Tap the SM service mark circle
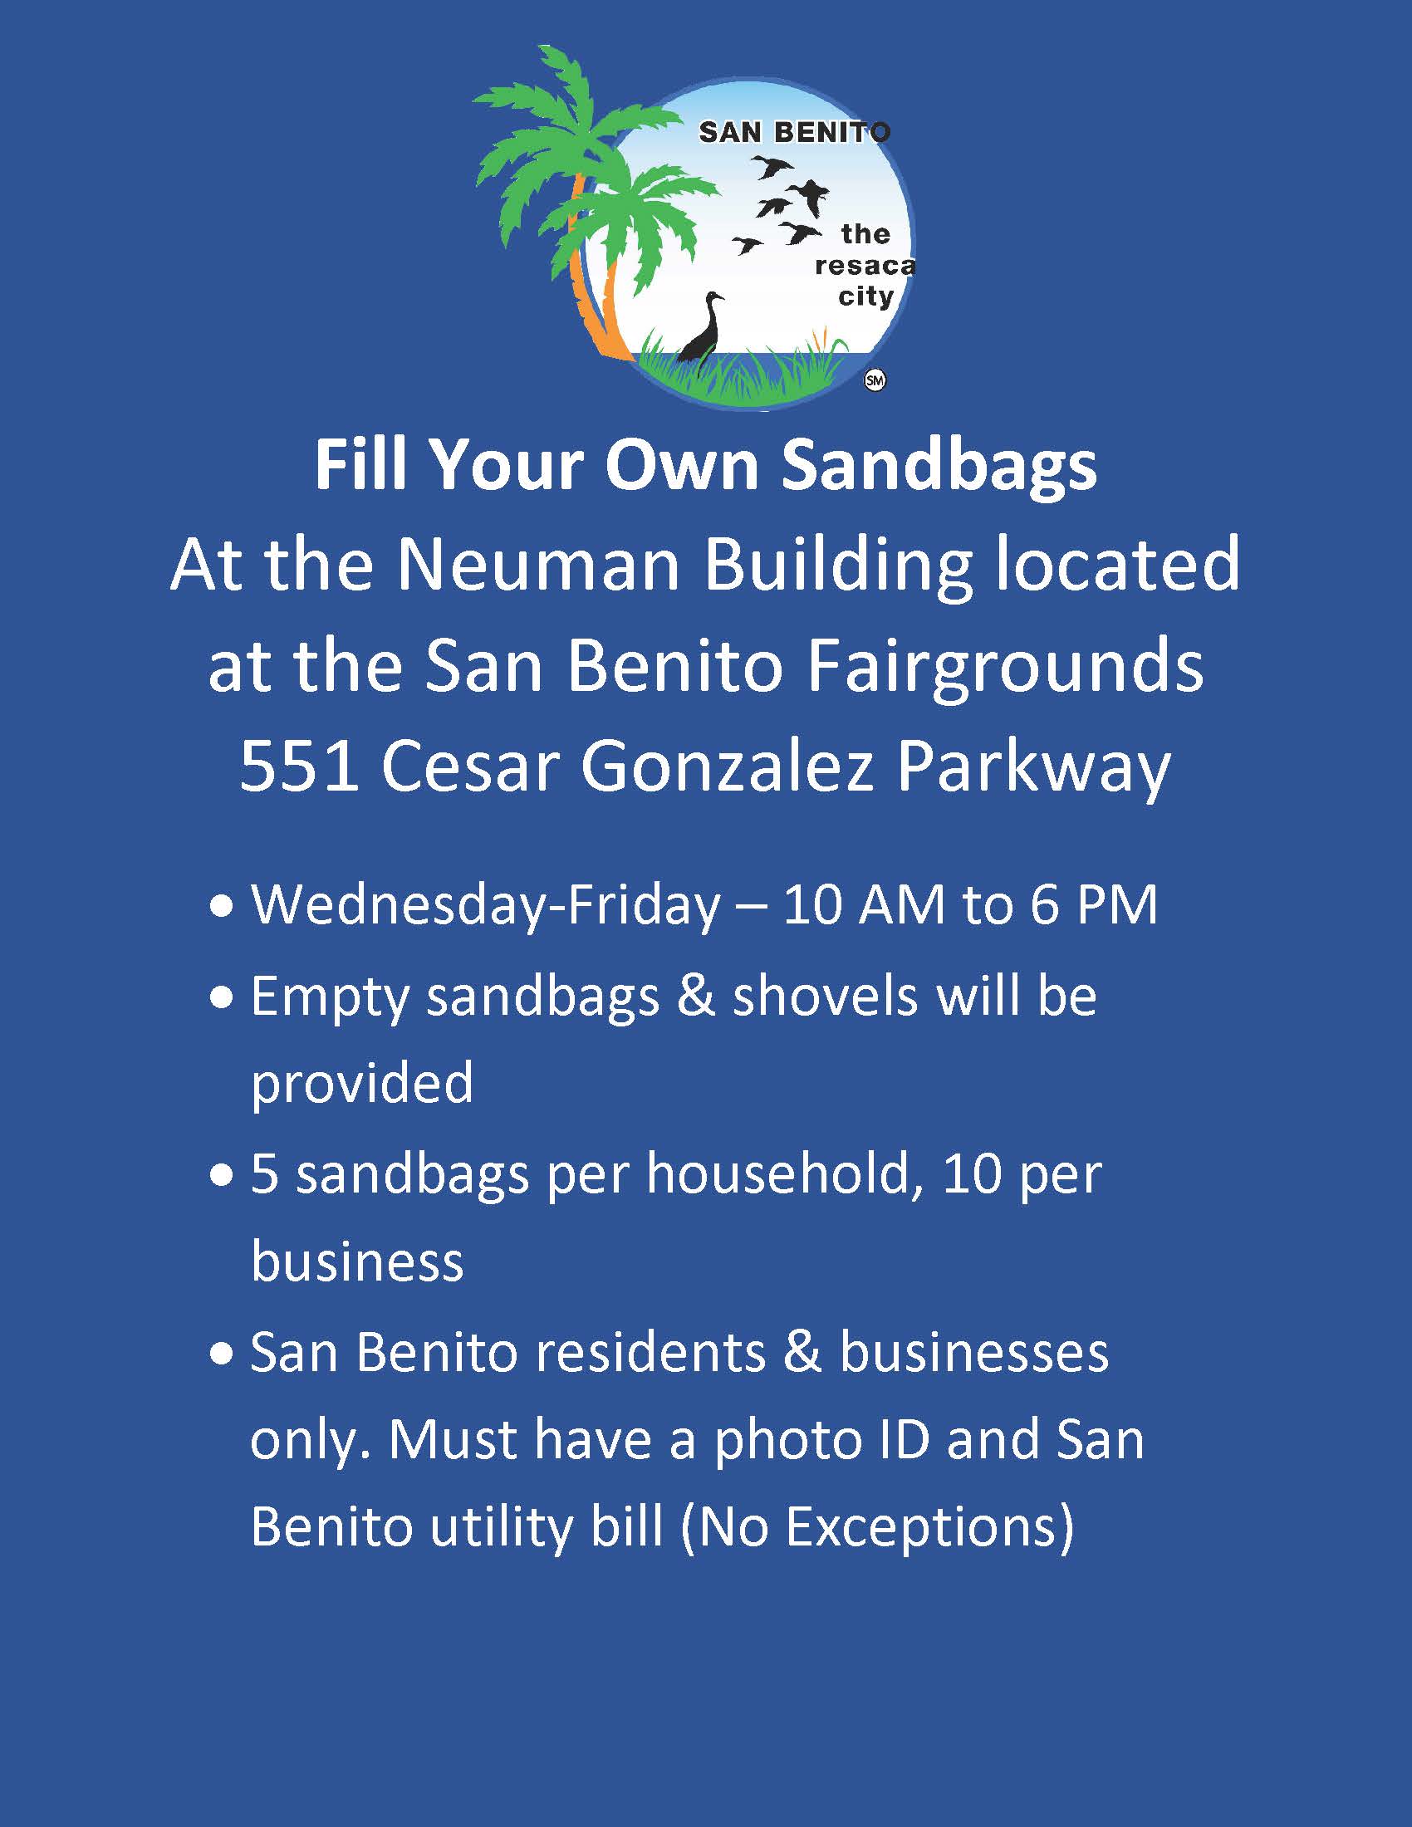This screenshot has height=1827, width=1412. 875,381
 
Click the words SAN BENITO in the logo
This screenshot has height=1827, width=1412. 794,132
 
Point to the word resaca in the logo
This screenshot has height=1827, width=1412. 864,266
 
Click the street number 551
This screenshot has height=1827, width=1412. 299,767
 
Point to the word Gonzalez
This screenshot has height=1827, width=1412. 728,767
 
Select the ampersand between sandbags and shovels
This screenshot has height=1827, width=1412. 696,997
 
